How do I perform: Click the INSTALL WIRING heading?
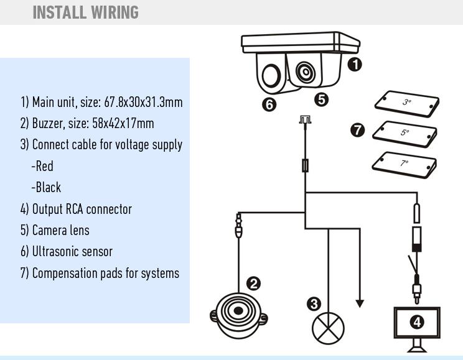86,12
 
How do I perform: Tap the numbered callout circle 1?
355,65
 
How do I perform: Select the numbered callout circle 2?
254,284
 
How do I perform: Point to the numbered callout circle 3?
314,303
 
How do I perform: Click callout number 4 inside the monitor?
417,322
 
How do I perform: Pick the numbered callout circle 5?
322,99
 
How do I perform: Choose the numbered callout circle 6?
269,104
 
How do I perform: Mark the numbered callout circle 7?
358,130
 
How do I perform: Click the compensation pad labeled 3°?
407,104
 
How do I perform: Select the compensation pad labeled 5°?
405,134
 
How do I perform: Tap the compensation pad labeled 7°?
404,165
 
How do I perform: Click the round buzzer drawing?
238,315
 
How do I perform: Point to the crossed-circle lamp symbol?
328,328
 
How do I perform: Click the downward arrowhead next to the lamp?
360,303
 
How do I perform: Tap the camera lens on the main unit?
306,72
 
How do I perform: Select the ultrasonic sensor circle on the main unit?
271,76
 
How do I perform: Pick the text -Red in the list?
42,166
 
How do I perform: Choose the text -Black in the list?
46,187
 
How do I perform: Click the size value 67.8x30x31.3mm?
144,102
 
